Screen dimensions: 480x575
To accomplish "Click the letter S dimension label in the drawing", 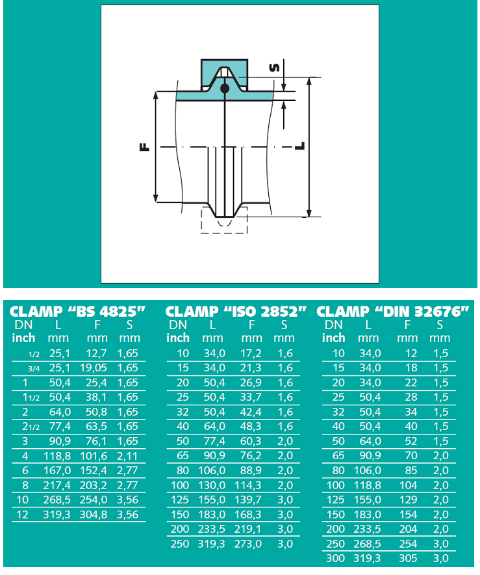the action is [x=274, y=68].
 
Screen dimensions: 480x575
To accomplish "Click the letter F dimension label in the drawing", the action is [x=145, y=148].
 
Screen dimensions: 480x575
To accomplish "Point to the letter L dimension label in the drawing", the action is [x=300, y=146].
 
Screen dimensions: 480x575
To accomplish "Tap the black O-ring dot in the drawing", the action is [x=225, y=88].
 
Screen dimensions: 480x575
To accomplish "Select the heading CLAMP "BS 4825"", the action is [x=77, y=312].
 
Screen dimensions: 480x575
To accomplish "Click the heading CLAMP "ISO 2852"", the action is [x=236, y=312].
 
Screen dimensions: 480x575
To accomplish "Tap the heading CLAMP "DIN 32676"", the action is [x=392, y=312].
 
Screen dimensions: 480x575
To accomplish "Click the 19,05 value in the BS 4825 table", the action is [x=94, y=368].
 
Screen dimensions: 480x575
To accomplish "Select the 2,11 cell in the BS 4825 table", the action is [x=127, y=456].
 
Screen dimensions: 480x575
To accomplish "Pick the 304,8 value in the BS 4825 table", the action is [x=94, y=515].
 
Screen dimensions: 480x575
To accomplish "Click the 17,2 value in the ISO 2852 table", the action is [x=251, y=353].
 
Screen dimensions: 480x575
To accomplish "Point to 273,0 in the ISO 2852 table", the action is [x=248, y=544].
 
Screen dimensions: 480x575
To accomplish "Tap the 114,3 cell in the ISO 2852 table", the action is [x=248, y=485].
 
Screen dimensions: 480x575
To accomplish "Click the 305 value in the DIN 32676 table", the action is [x=408, y=558].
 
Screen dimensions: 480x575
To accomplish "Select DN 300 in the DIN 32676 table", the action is [x=335, y=558].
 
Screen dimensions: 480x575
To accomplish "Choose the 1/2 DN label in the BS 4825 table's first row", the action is [x=34, y=354].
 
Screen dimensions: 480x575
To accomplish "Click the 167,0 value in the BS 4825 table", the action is [x=57, y=470].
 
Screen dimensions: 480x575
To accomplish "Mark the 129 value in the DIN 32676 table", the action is [x=408, y=500].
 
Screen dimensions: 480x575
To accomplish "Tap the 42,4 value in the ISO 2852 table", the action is [x=251, y=412].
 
